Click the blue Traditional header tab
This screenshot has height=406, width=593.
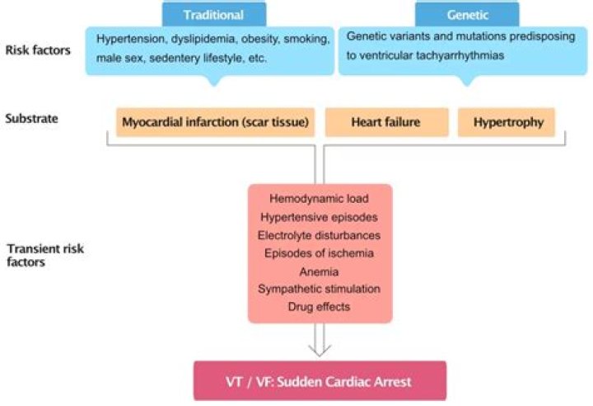pyautogui.click(x=214, y=13)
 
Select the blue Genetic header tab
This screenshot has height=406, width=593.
pyautogui.click(x=466, y=13)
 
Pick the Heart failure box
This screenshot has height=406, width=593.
pyautogui.click(x=386, y=123)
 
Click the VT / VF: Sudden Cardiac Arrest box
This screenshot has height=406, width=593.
pyautogui.click(x=320, y=381)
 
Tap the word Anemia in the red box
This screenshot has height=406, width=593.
pyautogui.click(x=320, y=270)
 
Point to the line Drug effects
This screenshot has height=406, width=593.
pyautogui.click(x=320, y=306)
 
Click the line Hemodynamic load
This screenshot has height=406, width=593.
pyautogui.click(x=320, y=199)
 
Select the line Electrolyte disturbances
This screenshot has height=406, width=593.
pyautogui.click(x=320, y=234)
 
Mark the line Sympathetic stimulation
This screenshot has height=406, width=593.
pyautogui.click(x=320, y=288)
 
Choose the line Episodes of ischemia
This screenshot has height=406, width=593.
pyautogui.click(x=320, y=253)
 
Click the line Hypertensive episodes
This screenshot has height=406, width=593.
pyautogui.click(x=320, y=217)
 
